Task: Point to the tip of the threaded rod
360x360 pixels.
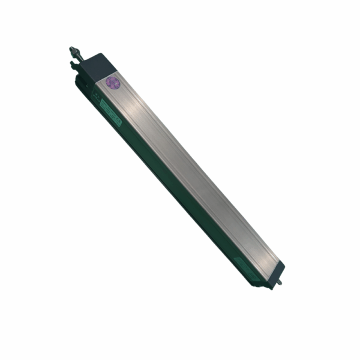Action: pyautogui.click(x=71, y=47)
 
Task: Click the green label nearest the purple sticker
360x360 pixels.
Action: pyautogui.click(x=111, y=114)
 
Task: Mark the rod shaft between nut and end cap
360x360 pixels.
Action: pyautogui.click(x=83, y=58)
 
